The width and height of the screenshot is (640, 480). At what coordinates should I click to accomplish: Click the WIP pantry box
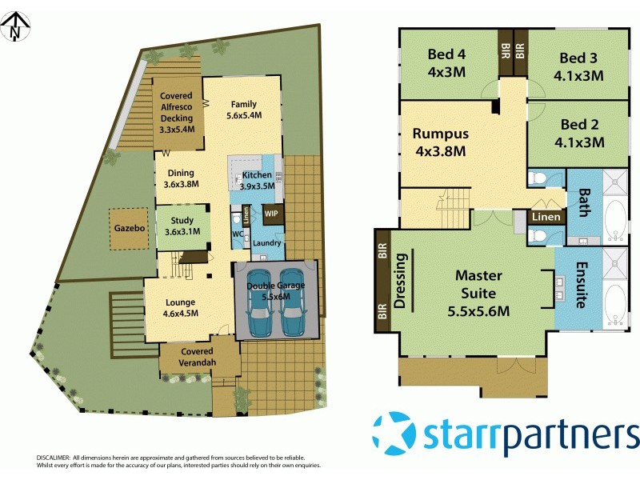[271, 214]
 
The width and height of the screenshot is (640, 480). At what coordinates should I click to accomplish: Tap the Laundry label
[265, 242]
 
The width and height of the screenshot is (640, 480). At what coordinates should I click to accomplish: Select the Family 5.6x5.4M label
[244, 110]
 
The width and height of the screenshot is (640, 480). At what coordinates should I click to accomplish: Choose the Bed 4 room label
[446, 62]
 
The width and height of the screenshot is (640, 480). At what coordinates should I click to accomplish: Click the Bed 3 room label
[578, 65]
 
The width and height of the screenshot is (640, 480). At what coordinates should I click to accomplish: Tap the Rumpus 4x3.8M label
[440, 142]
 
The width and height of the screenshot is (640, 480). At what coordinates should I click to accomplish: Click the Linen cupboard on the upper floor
[545, 217]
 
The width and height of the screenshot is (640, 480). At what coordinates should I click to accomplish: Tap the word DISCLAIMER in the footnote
[53, 456]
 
